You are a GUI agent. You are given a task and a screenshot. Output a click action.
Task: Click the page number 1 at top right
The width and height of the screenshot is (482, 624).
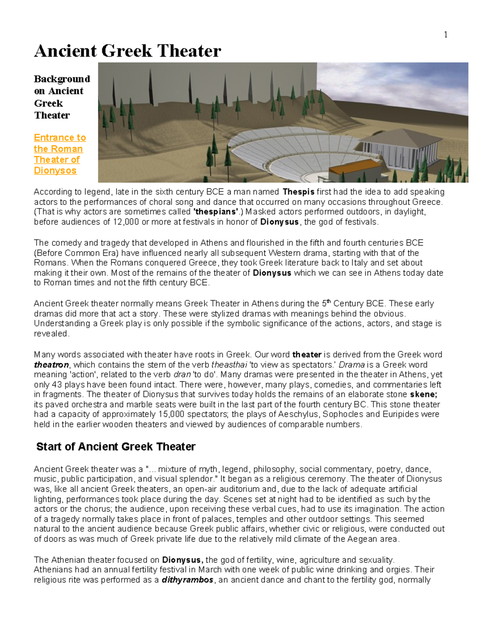(x=445, y=35)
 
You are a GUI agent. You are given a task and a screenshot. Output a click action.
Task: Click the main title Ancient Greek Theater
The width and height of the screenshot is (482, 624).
(x=127, y=51)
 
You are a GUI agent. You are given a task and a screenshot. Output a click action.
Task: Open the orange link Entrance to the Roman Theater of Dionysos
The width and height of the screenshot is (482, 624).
(x=59, y=154)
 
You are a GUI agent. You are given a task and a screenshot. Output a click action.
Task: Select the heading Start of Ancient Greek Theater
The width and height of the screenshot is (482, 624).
(x=116, y=447)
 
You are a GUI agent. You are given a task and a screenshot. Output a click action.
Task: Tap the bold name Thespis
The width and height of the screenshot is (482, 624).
(x=298, y=192)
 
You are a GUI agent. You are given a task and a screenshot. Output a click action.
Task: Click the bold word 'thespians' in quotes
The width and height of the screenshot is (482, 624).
(x=216, y=212)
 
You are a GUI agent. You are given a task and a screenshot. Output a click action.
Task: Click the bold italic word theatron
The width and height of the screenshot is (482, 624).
(x=51, y=365)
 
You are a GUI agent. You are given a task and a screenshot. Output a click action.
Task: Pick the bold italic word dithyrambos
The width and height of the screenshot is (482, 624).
(x=187, y=580)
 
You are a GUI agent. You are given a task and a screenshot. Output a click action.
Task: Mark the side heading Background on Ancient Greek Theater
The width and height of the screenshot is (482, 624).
(x=61, y=97)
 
